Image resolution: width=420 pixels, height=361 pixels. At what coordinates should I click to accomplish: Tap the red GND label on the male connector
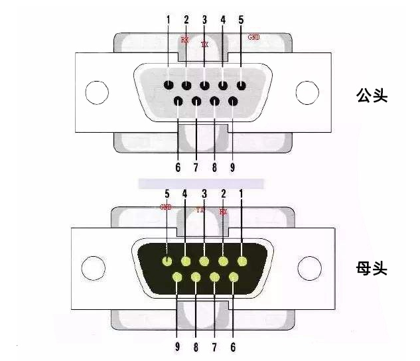pos(253,37)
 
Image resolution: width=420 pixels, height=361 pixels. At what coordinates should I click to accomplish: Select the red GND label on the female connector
pos(166,207)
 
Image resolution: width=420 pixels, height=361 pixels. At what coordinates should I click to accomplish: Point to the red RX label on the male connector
pos(184,40)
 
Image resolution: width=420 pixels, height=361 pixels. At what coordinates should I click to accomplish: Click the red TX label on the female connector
pos(200,210)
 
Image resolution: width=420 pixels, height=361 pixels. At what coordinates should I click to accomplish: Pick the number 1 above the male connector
pos(168,19)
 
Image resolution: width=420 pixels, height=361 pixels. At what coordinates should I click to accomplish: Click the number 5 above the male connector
pos(240,19)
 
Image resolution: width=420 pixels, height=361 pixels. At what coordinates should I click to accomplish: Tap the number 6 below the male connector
pos(178,167)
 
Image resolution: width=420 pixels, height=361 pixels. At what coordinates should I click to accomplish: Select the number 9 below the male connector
pos(232,167)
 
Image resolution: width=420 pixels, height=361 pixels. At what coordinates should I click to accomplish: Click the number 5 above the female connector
pos(167,194)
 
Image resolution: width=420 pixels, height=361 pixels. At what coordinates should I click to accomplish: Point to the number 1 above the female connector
pos(242,194)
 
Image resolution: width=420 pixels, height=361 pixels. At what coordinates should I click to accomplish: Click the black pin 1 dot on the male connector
pos(169,85)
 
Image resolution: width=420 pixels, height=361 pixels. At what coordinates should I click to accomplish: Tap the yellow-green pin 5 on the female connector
pos(167,261)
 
